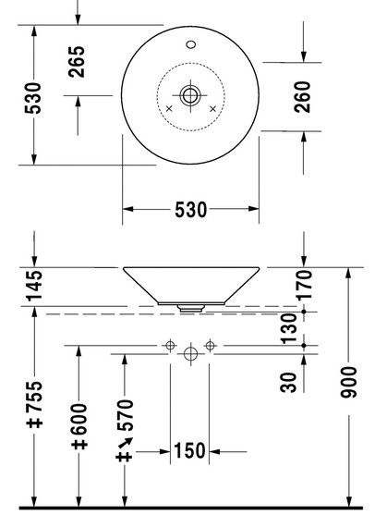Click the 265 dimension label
coord(77,62)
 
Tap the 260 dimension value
coord(302,97)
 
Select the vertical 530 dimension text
coord(33,98)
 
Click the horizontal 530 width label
coord(191,210)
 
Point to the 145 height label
coord(34,286)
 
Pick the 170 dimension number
coord(305,285)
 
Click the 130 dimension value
coord(289,328)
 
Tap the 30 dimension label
coord(288,382)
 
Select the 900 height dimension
coord(348,382)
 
